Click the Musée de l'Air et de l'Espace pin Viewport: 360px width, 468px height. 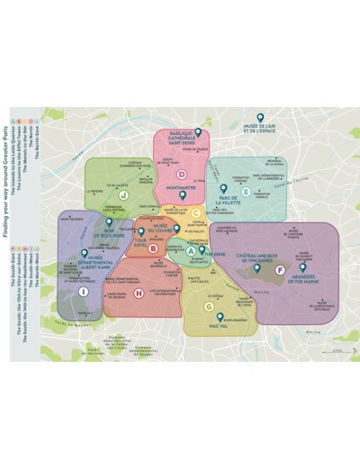(260, 118)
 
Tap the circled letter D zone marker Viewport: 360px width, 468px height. (182, 175)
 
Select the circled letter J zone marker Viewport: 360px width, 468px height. (122, 193)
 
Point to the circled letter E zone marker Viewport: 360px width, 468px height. (246, 192)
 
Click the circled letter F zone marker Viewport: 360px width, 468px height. (279, 269)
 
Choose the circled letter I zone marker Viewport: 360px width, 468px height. (84, 291)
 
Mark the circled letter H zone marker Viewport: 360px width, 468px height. (139, 292)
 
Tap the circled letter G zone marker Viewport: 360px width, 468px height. (209, 306)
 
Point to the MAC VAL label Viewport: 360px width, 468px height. (219, 326)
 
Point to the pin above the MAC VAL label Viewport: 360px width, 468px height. (219, 316)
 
